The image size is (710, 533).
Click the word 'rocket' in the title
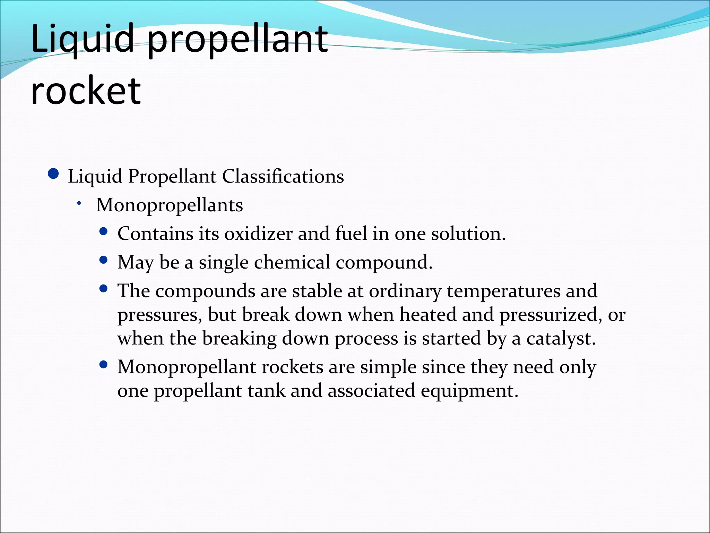86,91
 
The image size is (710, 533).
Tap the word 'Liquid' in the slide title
82,39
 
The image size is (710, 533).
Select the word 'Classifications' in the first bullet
283,176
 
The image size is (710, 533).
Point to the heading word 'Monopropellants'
170,205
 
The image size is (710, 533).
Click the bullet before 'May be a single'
103,260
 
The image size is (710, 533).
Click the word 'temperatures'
503,291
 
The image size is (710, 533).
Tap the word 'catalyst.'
561,338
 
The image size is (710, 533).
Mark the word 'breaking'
239,338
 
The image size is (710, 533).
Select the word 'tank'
266,391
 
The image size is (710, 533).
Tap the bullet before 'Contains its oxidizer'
103,231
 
